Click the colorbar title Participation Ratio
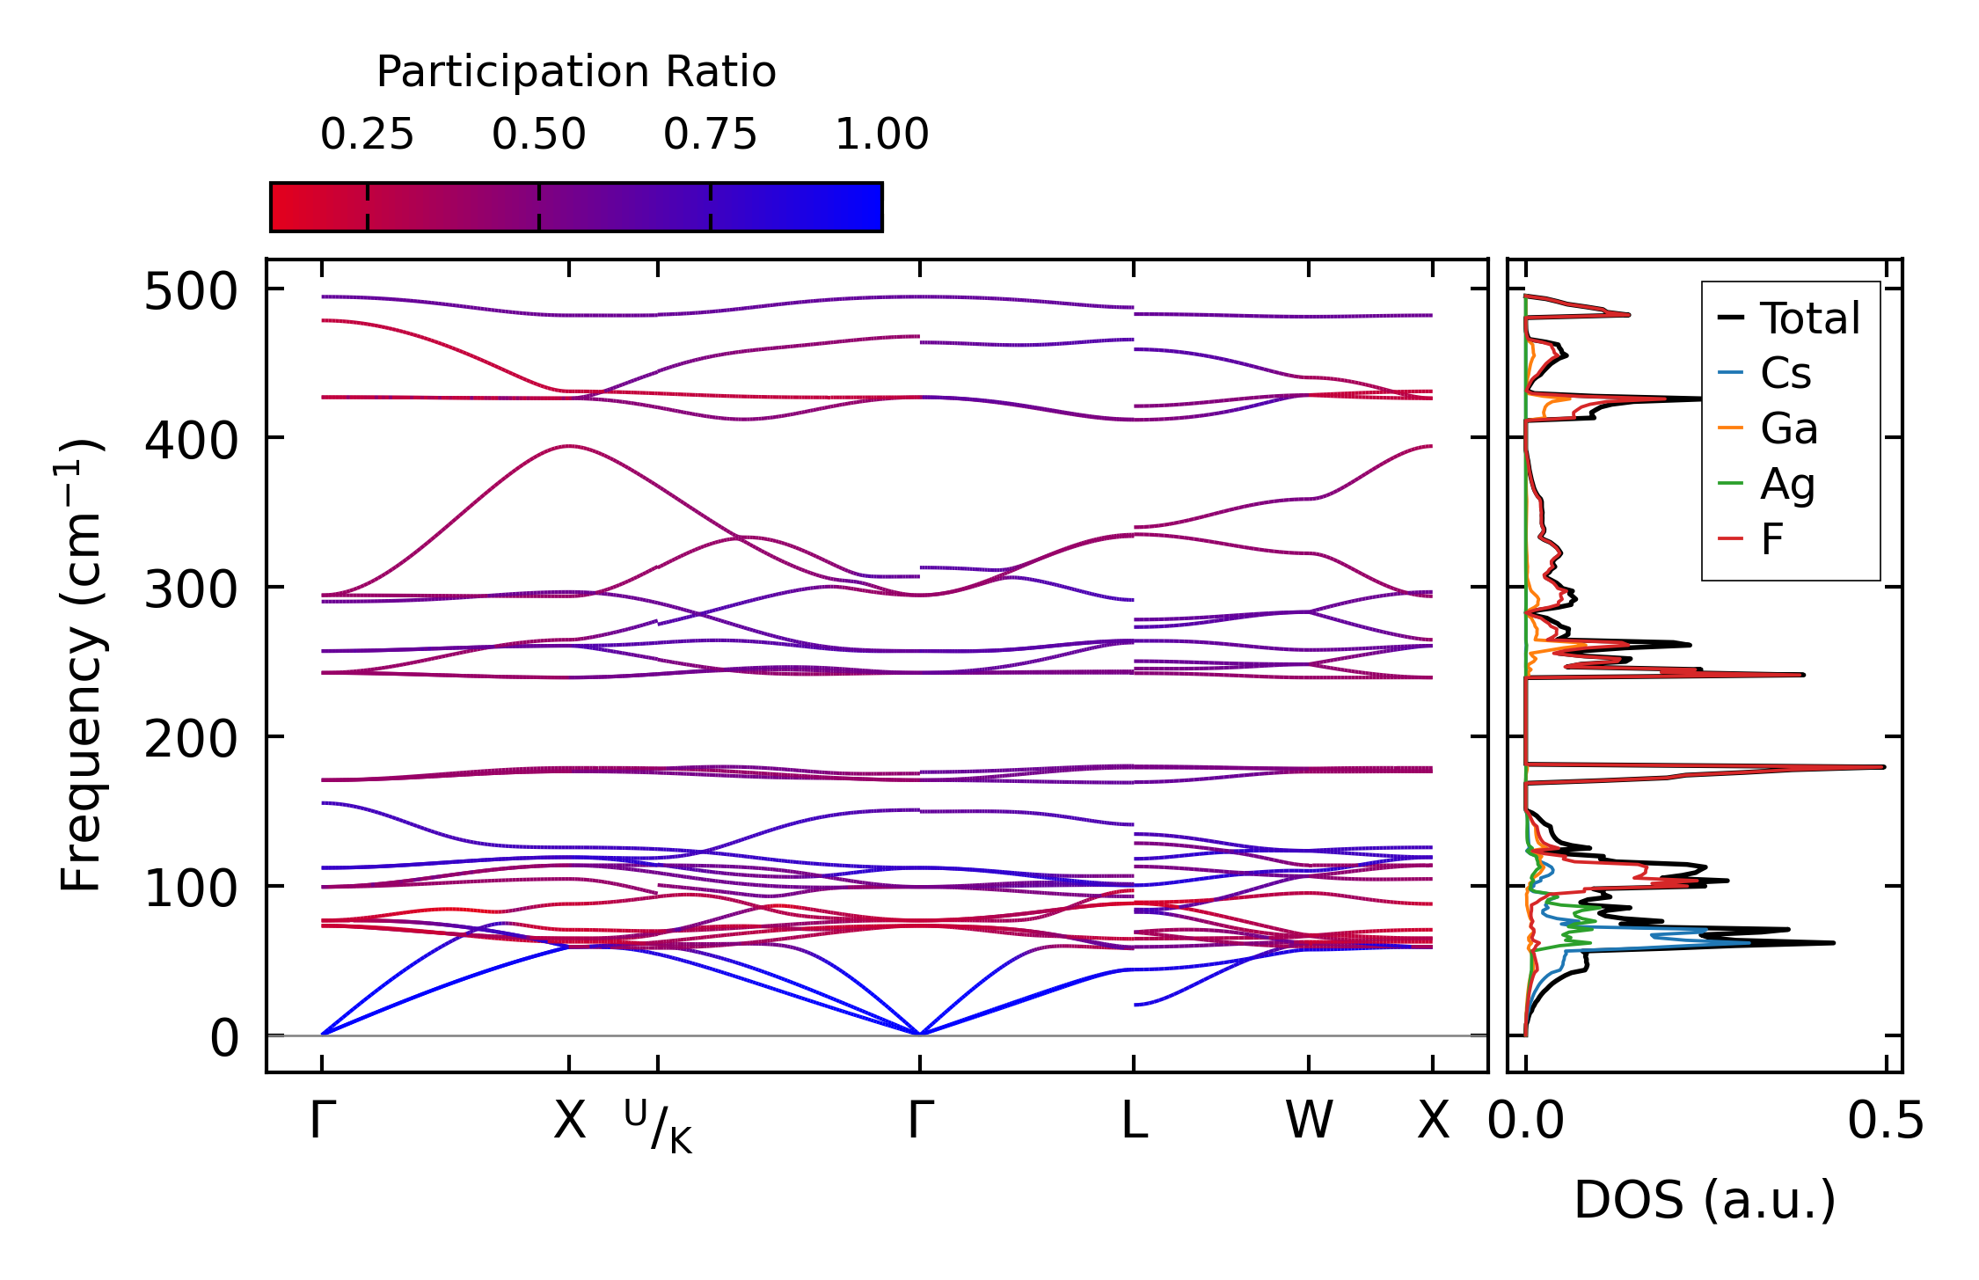(x=576, y=72)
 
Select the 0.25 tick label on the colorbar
(x=367, y=135)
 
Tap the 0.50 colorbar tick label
(x=538, y=135)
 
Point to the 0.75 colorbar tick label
(x=710, y=135)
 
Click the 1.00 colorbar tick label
(x=881, y=135)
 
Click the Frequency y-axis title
(x=81, y=665)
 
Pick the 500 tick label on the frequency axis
(x=191, y=292)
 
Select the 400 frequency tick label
(x=191, y=441)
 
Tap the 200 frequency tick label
(x=191, y=739)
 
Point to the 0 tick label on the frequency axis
(x=224, y=1038)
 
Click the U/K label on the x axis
(x=658, y=1125)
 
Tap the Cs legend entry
(x=1785, y=373)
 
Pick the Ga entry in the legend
(x=1788, y=428)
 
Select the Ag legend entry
(x=1787, y=484)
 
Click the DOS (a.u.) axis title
(x=1705, y=1200)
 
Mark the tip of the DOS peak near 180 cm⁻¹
(x=1884, y=767)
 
